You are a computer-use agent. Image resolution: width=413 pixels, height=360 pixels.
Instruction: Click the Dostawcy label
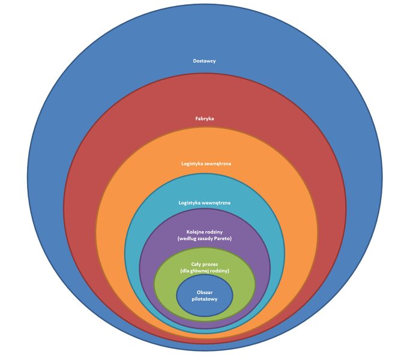205,61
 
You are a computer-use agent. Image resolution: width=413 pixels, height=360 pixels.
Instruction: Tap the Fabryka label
205,119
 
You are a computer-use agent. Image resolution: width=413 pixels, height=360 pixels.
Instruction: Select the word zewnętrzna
218,163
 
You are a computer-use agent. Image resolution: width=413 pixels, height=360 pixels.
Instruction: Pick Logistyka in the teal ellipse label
190,203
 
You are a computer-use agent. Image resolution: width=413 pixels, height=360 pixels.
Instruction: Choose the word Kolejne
195,232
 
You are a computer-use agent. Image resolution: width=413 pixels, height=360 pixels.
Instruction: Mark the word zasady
203,239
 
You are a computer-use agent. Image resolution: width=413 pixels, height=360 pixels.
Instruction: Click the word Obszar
205,292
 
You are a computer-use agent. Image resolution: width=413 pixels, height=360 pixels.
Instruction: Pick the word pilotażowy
205,299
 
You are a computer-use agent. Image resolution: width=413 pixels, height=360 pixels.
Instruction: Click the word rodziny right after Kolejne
214,232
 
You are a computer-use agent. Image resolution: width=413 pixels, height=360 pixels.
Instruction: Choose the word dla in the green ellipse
187,271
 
